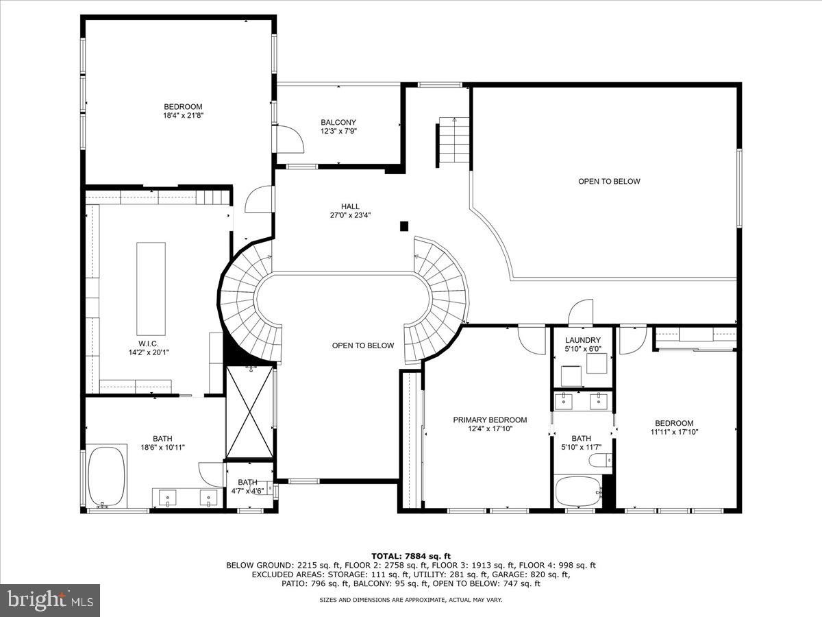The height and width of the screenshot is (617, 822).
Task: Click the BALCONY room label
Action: (x=338, y=122)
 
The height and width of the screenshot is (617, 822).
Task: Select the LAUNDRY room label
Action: (x=583, y=340)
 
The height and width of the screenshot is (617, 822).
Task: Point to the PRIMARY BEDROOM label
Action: (x=490, y=420)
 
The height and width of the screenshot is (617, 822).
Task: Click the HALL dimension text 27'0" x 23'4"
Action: (x=350, y=215)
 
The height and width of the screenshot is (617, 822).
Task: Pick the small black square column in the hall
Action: (x=404, y=226)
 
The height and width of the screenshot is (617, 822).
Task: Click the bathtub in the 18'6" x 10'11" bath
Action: (x=108, y=476)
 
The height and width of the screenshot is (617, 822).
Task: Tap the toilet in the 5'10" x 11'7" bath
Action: (x=599, y=461)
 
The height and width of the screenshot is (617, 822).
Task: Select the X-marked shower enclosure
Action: (x=249, y=412)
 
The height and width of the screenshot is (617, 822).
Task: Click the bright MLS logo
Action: (x=50, y=600)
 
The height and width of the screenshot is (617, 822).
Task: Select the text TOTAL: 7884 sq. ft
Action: (x=410, y=556)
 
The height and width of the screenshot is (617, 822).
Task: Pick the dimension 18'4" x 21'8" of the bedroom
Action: (x=183, y=115)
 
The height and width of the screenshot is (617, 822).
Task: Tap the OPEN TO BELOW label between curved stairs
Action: (x=363, y=346)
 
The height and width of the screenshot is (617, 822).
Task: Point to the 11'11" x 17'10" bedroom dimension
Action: (x=674, y=432)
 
